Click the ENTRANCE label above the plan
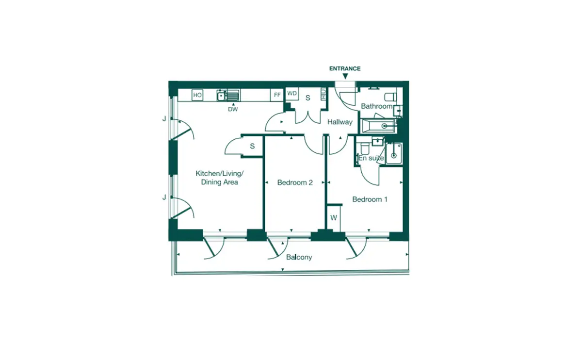345,68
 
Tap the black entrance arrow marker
345,76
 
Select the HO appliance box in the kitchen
197,95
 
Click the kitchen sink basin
221,96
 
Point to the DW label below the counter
233,110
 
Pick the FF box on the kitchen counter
277,95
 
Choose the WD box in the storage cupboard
292,94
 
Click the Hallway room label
340,122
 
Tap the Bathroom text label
377,106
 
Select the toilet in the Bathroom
390,97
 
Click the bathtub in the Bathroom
379,126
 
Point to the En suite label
371,158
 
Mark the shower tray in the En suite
394,154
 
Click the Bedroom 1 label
370,199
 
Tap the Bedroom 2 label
295,183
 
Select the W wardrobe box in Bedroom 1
334,218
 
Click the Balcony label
299,257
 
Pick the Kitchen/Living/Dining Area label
220,178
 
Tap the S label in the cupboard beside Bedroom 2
252,146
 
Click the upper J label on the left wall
164,119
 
